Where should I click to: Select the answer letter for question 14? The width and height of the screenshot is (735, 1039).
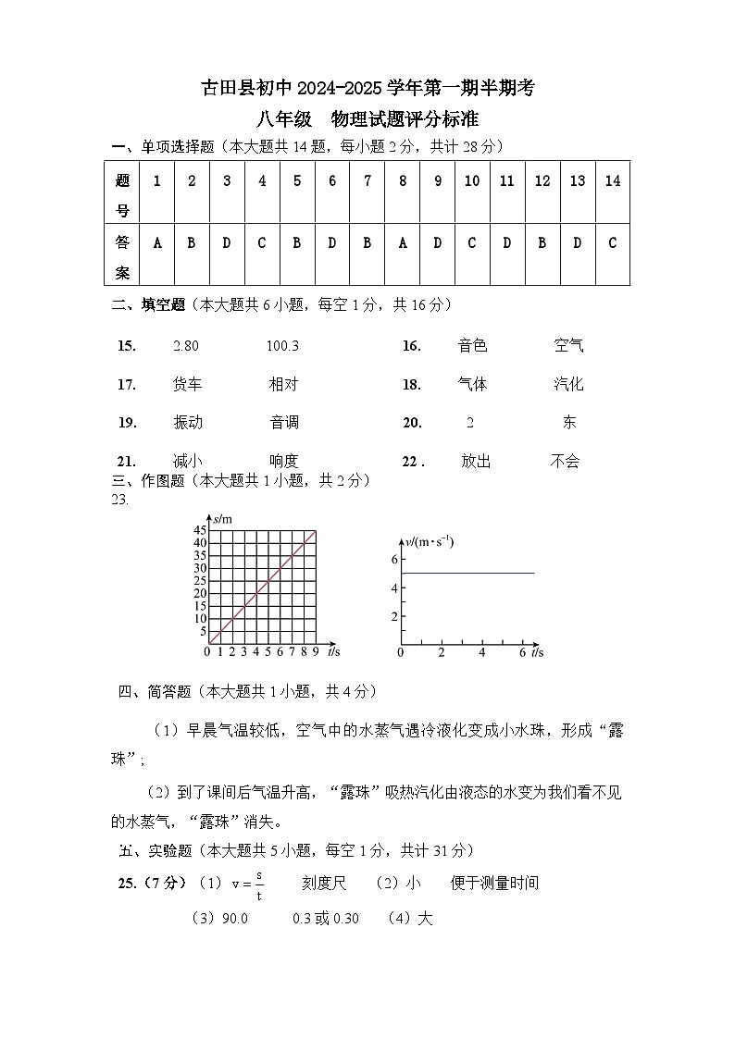coord(612,243)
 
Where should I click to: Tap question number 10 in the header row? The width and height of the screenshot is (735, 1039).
coord(472,181)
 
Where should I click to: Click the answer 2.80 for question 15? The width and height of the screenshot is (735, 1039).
coord(186,346)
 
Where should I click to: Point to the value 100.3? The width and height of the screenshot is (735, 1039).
coord(282,346)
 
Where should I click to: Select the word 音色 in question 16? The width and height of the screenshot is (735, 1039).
coord(472,346)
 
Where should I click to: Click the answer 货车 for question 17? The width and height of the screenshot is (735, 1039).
coord(187,384)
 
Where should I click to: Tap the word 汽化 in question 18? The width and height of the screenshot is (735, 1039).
coord(568,384)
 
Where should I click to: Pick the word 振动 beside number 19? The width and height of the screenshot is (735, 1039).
coord(187,423)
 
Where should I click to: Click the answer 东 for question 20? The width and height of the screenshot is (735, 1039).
coord(569,423)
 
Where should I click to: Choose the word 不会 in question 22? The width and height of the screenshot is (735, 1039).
coord(565,461)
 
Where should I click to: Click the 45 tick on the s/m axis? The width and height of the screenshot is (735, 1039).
coord(199,530)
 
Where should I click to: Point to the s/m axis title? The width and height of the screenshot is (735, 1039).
coord(222,519)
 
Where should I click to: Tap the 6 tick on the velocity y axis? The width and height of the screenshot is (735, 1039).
coord(393,560)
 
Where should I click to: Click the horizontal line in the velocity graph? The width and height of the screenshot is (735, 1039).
coord(467,573)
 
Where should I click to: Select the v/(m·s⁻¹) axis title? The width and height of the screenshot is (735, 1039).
coord(430,541)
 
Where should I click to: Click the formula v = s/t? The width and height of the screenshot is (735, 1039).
coord(247,884)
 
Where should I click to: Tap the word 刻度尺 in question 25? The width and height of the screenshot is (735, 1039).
coord(324,884)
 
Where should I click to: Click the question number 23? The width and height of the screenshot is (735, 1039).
coord(119,500)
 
